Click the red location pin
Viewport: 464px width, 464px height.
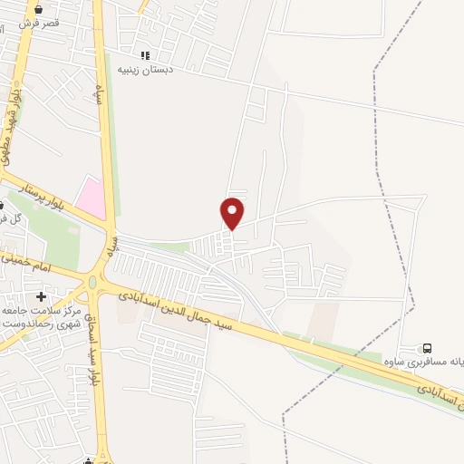(233, 212)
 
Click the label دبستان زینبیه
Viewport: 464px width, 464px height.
(167, 69)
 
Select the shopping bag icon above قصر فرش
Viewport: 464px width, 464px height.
(38, 8)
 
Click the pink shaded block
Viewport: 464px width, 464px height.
(90, 198)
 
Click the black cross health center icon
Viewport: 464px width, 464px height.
(41, 296)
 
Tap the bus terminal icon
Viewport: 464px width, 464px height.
(427, 348)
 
